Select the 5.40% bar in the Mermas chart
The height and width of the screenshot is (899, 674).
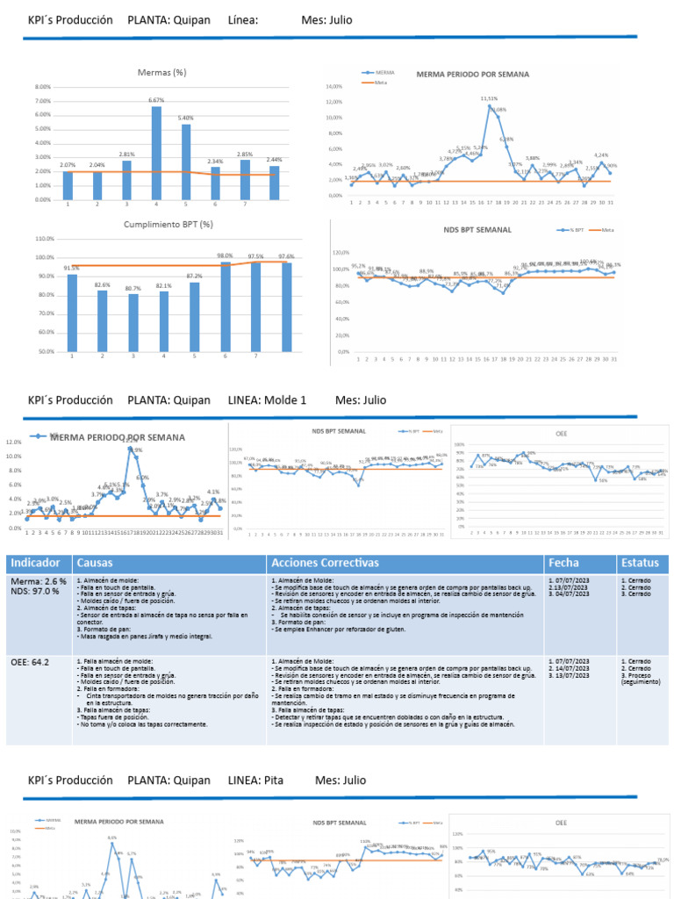[186, 162]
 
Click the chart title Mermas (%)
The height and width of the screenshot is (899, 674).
[161, 72]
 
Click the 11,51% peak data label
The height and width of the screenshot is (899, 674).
[489, 98]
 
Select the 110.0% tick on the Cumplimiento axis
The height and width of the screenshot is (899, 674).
[44, 238]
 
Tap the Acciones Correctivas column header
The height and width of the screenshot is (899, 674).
[325, 562]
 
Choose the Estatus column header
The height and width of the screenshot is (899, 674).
[639, 562]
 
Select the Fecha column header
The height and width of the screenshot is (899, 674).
[563, 562]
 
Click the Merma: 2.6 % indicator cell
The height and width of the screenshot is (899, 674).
[38, 581]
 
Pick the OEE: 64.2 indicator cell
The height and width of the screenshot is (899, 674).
[32, 662]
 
